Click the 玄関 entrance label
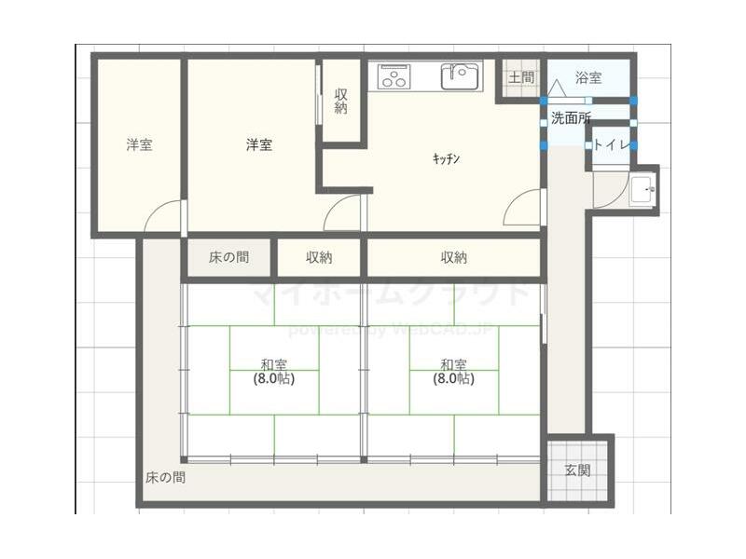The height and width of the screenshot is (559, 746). coord(577,470)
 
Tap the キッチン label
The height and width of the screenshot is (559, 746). coord(447,158)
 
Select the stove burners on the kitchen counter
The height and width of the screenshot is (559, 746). coord(394,76)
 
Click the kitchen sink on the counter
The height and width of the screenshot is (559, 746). coord(460,75)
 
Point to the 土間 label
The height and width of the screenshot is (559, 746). coord(521,78)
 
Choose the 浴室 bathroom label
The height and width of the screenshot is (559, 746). coord(588,78)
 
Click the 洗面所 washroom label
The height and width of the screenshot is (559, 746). coord(570,117)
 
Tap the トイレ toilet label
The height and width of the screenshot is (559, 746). coord(611,144)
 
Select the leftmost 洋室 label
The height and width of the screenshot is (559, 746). coord(140,144)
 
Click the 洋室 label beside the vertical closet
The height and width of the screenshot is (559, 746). coord(259,144)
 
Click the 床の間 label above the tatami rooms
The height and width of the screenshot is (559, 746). coord(228,257)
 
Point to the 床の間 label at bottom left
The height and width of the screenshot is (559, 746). coord(165,478)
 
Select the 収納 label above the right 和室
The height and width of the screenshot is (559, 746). coord(454,257)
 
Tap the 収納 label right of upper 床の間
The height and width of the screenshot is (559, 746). coord(319,257)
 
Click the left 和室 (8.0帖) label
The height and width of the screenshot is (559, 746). coord(273,372)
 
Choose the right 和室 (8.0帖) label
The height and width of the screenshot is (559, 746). coord(453,372)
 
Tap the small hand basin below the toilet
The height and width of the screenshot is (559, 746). coord(642,191)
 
